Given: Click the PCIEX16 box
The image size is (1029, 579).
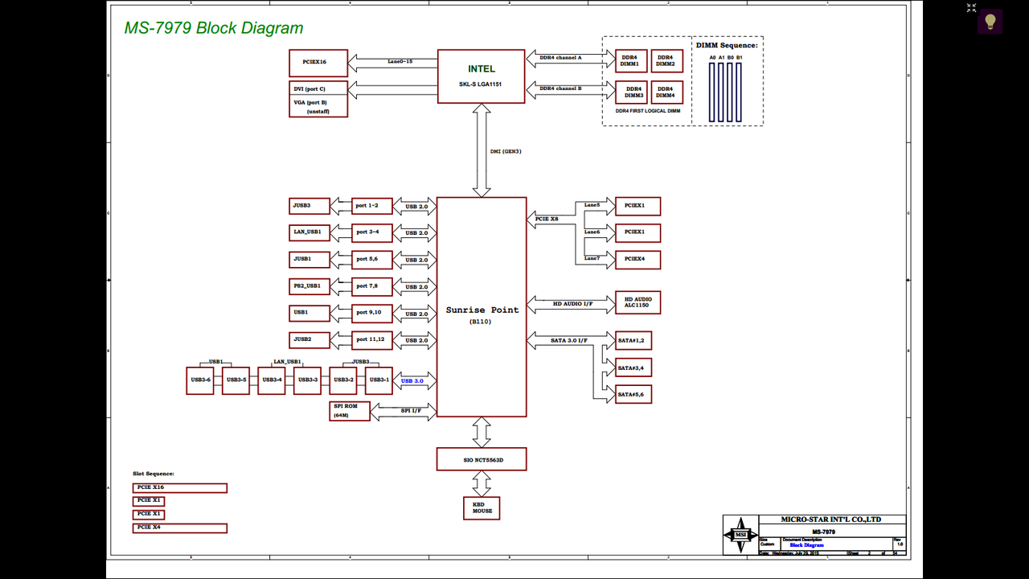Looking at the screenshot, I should (x=318, y=63).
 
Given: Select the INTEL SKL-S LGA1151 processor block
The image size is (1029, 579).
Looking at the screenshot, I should (x=482, y=76).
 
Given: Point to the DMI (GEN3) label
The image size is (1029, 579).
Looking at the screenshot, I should (x=506, y=151).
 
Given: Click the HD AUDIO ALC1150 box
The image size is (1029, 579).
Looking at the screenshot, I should (x=637, y=302).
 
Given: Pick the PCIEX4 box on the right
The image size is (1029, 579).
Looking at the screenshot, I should (x=637, y=260).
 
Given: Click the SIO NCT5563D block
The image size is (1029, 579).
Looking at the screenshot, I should (x=482, y=459).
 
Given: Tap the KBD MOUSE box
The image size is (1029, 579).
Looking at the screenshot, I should (x=482, y=507).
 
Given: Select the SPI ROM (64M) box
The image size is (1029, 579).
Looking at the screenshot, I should (x=350, y=411).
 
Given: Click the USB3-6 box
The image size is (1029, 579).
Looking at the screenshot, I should (x=200, y=380).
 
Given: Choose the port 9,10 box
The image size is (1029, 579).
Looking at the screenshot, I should (x=372, y=313).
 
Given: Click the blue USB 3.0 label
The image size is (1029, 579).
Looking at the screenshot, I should (x=412, y=380).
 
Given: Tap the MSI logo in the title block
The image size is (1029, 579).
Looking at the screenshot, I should (x=740, y=535).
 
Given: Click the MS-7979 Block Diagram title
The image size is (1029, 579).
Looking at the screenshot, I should (x=214, y=28).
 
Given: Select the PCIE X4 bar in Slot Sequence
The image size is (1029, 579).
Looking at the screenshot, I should (x=180, y=528).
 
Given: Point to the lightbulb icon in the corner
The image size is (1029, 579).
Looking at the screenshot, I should (x=990, y=21).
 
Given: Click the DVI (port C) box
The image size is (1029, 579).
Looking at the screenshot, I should (x=318, y=88).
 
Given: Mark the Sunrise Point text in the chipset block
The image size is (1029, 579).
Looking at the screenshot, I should (x=482, y=310).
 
